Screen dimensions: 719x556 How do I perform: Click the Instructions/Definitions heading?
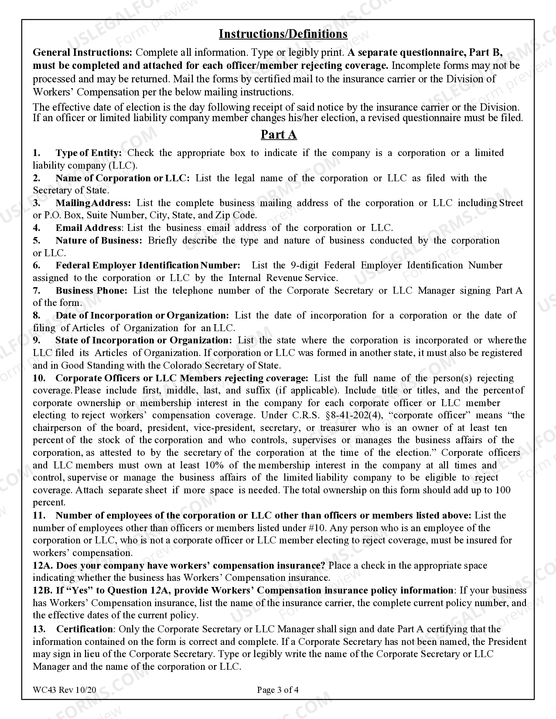click(x=283, y=34)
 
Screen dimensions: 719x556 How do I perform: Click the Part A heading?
click(x=279, y=135)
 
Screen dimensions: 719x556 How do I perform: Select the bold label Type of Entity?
click(x=89, y=153)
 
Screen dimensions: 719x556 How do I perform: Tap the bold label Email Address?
click(x=88, y=228)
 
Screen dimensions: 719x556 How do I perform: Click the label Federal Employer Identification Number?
click(x=148, y=265)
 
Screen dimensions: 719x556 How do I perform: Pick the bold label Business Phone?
click(x=92, y=291)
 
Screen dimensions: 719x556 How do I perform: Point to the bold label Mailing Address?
click(x=93, y=203)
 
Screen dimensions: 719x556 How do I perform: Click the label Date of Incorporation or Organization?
click(x=142, y=315)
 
